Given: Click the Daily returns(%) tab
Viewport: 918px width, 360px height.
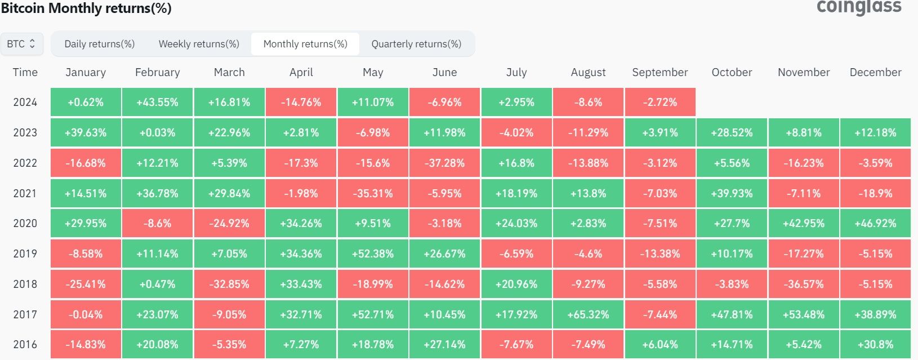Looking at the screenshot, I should [100, 44].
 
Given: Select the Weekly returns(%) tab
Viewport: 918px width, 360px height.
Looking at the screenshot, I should [199, 44].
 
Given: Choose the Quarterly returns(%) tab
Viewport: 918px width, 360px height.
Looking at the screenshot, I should [416, 44].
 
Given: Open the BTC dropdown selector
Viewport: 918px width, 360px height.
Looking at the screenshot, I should [21, 44].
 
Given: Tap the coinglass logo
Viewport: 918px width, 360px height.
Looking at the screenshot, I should [859, 7].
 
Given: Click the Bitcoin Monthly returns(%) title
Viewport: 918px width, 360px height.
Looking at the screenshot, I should [86, 8].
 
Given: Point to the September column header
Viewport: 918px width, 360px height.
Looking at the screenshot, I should [660, 72].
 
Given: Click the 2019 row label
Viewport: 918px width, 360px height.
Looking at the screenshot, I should [25, 254].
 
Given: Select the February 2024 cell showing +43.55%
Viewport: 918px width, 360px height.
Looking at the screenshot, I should [158, 103].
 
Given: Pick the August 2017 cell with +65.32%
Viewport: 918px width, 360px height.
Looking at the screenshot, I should [589, 314].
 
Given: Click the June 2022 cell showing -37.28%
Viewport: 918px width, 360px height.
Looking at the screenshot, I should [445, 163].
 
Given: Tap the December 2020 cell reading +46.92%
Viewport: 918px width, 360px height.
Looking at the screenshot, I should [875, 224].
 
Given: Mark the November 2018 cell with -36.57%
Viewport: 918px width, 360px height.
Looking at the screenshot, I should [804, 284].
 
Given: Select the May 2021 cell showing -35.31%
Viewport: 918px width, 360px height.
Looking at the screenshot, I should [373, 193].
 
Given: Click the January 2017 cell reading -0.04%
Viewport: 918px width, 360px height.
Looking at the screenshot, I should [86, 314].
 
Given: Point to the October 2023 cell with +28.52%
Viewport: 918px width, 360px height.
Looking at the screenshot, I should [732, 133].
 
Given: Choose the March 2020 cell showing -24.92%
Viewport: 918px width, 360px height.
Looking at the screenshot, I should [229, 224].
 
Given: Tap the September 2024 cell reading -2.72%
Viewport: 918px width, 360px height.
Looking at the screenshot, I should [660, 103].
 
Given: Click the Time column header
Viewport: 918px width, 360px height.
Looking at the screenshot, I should [25, 72].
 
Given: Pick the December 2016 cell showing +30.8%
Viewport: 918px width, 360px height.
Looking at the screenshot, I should [875, 344].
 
